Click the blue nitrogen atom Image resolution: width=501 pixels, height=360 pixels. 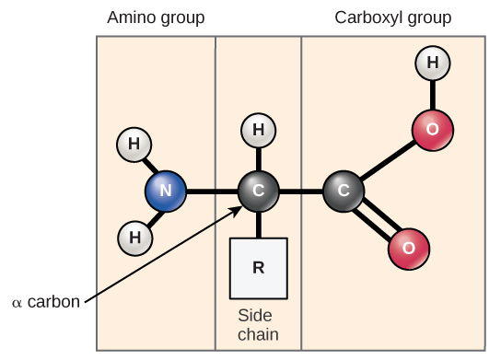pyautogui.click(x=166, y=192)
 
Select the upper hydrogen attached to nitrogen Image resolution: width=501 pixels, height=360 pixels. pyautogui.click(x=134, y=145)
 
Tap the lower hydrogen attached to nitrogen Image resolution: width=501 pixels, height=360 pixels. pyautogui.click(x=135, y=238)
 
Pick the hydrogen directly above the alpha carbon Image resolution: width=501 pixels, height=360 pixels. pyautogui.click(x=259, y=131)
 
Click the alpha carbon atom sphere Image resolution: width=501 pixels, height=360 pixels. pyautogui.click(x=259, y=192)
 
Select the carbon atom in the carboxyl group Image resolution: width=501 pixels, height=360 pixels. pyautogui.click(x=344, y=192)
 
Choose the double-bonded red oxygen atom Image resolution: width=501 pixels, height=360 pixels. pyautogui.click(x=409, y=247)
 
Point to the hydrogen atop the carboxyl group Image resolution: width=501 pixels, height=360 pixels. pyautogui.click(x=432, y=64)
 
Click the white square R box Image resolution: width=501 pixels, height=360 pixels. pyautogui.click(x=259, y=268)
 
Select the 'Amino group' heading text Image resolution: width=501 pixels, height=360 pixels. pyautogui.click(x=156, y=18)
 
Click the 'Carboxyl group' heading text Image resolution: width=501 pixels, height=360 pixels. pyautogui.click(x=393, y=18)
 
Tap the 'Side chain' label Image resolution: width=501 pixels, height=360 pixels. pyautogui.click(x=258, y=325)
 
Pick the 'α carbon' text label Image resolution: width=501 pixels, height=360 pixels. pyautogui.click(x=45, y=302)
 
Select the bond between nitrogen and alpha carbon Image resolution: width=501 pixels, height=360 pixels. pyautogui.click(x=212, y=192)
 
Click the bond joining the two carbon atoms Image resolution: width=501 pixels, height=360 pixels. pyautogui.click(x=301, y=192)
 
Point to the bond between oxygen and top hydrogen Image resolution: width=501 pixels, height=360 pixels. pyautogui.click(x=432, y=97)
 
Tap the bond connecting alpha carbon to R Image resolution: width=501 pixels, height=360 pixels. pyautogui.click(x=259, y=225)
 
